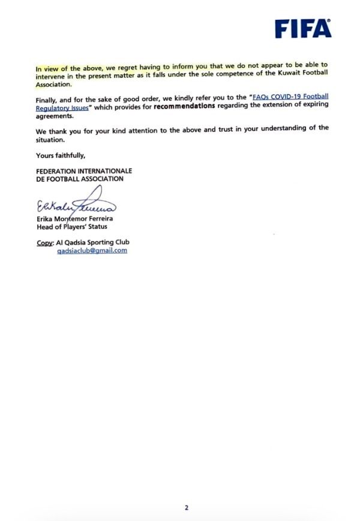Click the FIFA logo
pyautogui.click(x=303, y=28)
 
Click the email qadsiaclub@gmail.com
pyautogui.click(x=92, y=251)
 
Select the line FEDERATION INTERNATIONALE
pyautogui.click(x=84, y=171)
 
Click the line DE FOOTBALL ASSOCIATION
pyautogui.click(x=80, y=179)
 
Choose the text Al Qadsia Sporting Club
pyautogui.click(x=92, y=242)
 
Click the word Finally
pyautogui.click(x=47, y=97)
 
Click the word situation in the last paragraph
pyautogui.click(x=50, y=140)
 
